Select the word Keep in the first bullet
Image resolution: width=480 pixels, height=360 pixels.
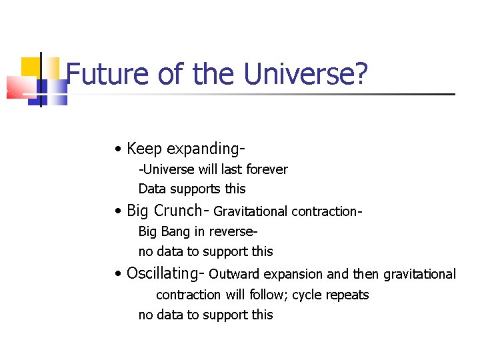pos(144,148)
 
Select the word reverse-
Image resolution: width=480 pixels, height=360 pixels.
pos(234,232)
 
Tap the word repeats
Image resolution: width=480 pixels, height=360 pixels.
pos(347,295)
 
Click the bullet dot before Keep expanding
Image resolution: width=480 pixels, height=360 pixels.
pos(117,149)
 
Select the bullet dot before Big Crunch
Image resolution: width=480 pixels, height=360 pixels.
pos(117,211)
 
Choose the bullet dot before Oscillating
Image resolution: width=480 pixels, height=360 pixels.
pos(117,274)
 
